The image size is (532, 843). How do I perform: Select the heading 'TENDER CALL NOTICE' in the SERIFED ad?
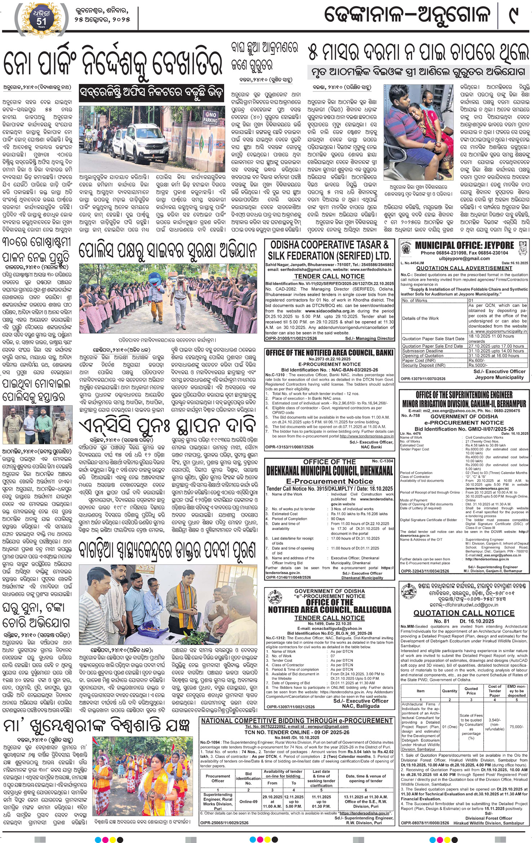click(329, 276)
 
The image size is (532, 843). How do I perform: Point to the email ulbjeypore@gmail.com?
click(464, 258)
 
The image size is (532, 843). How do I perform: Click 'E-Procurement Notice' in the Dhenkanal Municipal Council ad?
click(329, 481)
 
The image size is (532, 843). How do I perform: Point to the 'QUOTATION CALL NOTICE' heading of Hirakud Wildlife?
click(464, 613)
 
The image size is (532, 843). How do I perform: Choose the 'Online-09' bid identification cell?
click(248, 802)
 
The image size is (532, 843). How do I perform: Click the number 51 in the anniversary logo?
click(41, 21)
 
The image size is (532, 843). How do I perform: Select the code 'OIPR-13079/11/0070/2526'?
click(423, 378)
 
